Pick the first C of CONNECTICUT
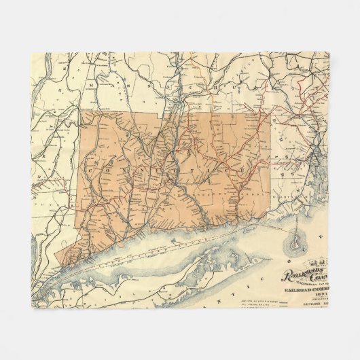[x=92, y=165]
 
